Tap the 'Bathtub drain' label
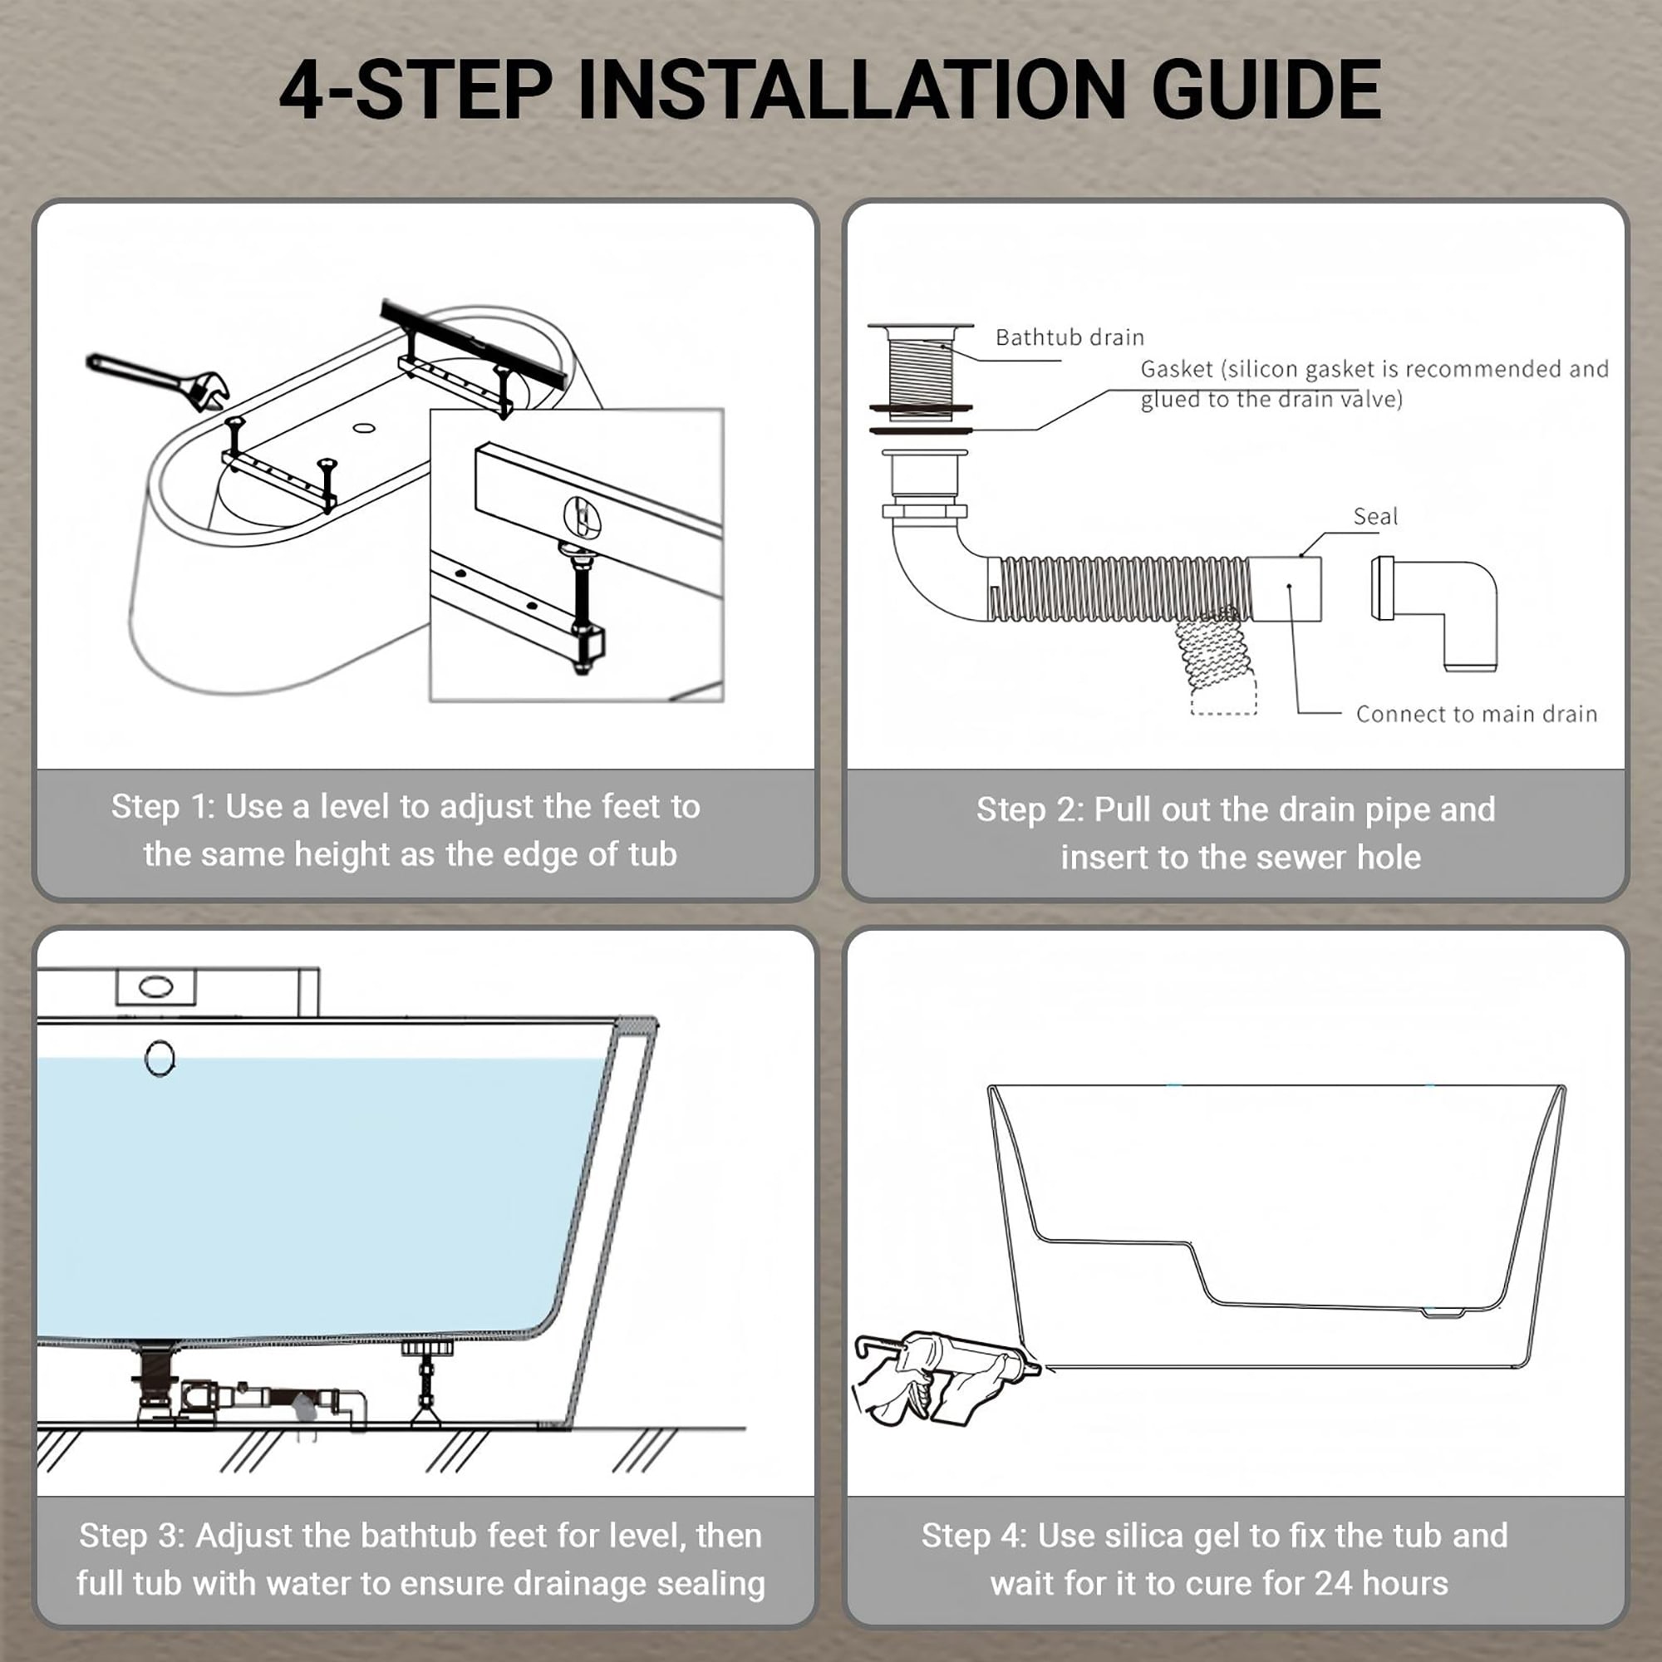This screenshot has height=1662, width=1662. pos(1069,337)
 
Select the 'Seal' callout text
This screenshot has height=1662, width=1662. pos(1374,516)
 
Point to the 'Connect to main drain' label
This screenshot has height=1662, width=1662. pos(1476,714)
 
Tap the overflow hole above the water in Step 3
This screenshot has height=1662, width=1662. pos(160,1058)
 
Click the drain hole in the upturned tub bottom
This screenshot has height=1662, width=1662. pos(364,427)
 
